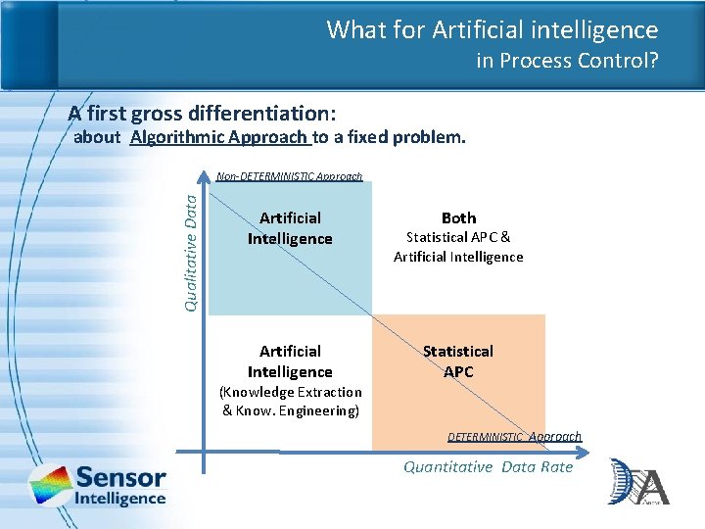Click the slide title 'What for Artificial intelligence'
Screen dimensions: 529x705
click(492, 29)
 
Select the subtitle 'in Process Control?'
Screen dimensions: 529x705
click(567, 61)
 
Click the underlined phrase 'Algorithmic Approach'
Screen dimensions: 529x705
click(219, 137)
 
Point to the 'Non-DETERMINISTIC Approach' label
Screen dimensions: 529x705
click(289, 177)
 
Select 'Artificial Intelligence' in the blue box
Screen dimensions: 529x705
click(290, 228)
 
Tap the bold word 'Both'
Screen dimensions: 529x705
click(458, 217)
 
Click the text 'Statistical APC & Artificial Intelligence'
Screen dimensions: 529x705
click(458, 247)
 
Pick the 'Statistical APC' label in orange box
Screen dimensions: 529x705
click(458, 361)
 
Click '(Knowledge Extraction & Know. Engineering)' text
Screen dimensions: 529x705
click(291, 402)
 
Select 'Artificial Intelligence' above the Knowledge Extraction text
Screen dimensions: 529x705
click(290, 361)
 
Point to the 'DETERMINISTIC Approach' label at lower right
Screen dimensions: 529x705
click(514, 437)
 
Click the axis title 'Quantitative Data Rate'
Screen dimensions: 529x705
click(488, 467)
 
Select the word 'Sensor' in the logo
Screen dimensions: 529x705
click(120, 478)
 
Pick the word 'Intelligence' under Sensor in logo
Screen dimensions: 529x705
click(120, 499)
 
